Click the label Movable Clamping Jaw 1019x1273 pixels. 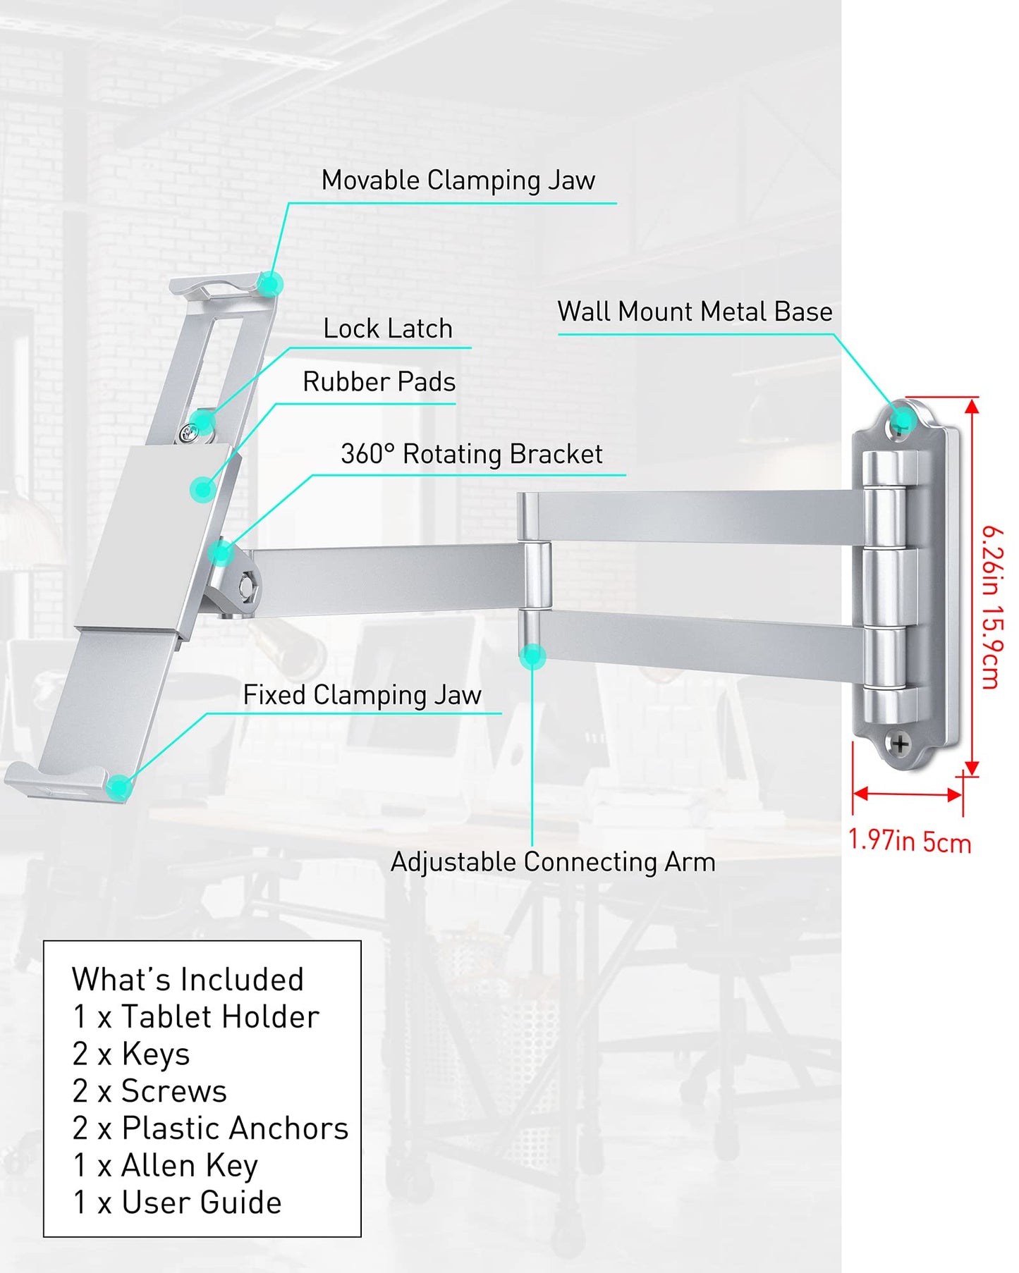coord(458,180)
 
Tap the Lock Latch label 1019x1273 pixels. coord(388,328)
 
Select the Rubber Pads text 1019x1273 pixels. coord(379,382)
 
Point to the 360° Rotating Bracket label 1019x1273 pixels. coord(471,455)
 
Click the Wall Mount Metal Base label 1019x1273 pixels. coord(695,312)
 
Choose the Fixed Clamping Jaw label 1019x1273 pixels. coord(362,696)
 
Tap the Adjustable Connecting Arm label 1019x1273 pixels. coord(553,862)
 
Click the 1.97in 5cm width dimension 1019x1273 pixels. coord(909,841)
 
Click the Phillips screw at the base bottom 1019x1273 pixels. coord(900,744)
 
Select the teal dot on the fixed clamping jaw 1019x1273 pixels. coord(119,785)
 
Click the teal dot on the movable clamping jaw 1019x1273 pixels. coord(269,285)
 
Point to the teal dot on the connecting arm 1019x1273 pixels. coord(532,656)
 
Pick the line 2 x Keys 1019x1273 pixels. coord(131,1054)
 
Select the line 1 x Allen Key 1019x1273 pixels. coord(165,1166)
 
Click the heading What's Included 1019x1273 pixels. coord(188,980)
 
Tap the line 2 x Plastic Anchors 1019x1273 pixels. coord(210,1129)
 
